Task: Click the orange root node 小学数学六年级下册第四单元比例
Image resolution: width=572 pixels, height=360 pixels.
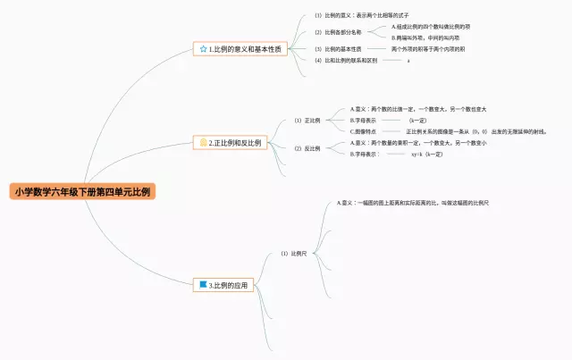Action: pos(83,191)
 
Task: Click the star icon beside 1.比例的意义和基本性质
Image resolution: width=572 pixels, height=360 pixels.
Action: pos(204,48)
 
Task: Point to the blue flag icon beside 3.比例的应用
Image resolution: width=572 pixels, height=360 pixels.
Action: pos(203,285)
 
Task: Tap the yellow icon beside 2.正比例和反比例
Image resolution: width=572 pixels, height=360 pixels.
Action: pos(203,142)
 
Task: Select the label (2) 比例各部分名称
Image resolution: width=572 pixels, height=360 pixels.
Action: pos(335,32)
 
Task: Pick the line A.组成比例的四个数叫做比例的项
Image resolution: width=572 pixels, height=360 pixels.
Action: pos(430,27)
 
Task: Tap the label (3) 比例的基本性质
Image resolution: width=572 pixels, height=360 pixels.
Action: pos(337,48)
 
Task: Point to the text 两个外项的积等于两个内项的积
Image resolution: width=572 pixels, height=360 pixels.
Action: pos(428,48)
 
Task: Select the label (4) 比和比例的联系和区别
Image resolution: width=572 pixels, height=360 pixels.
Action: pos(345,61)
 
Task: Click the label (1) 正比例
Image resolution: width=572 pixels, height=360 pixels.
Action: pos(307,120)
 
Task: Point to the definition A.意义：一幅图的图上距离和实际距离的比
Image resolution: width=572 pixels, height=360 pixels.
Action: pos(412,203)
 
